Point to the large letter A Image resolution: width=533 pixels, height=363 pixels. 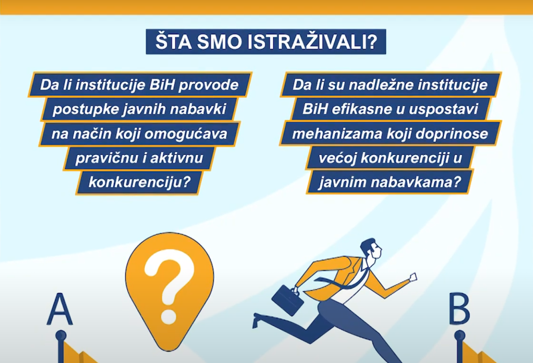(59, 309)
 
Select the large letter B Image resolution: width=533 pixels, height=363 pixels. (459, 309)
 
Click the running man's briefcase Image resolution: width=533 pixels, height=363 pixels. (287, 299)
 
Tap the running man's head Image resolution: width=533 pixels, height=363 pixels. (371, 250)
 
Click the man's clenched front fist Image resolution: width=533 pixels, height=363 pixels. (413, 277)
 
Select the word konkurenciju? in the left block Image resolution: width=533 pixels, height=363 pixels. (139, 183)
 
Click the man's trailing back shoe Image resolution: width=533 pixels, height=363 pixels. (259, 319)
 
